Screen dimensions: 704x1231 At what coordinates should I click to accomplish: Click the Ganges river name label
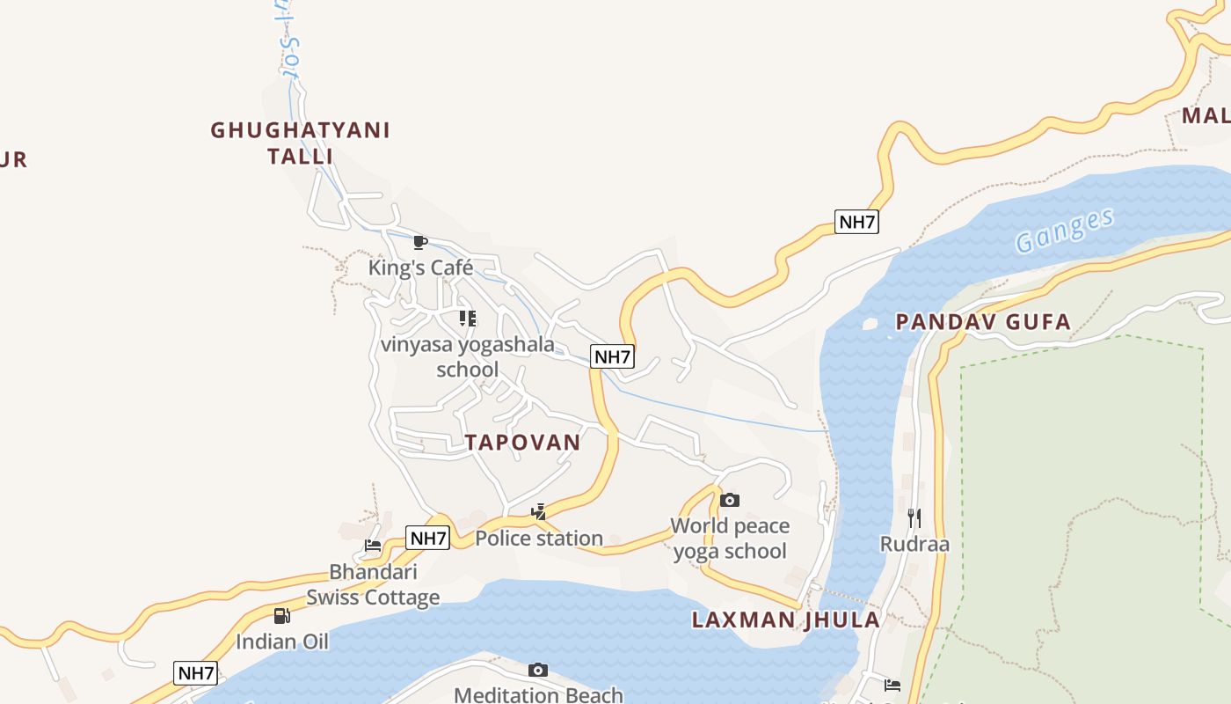[x=1064, y=231]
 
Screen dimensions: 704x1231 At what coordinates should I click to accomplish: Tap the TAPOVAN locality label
[x=523, y=443]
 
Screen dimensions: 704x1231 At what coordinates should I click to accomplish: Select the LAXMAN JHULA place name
[x=785, y=620]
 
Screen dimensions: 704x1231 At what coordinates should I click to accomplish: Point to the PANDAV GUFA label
[x=983, y=322]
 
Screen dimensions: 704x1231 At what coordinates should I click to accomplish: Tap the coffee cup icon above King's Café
[x=420, y=242]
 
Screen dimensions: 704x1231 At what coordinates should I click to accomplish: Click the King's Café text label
[x=420, y=268]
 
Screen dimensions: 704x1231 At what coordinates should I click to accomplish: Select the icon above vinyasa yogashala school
[x=468, y=319]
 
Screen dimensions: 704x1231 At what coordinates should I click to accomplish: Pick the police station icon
[x=539, y=511]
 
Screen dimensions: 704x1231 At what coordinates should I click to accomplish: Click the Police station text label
[x=539, y=538]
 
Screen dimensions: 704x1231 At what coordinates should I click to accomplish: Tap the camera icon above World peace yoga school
[x=729, y=501]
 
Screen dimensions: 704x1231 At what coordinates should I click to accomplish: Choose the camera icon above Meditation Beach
[x=538, y=671]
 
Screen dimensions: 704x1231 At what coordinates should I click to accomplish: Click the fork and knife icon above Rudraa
[x=914, y=517]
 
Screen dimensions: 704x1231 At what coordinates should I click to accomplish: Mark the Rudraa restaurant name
[x=914, y=544]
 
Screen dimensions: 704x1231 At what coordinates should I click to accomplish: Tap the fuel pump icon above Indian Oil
[x=281, y=616]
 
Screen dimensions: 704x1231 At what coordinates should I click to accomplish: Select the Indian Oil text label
[x=281, y=642]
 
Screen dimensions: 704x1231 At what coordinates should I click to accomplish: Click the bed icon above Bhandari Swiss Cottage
[x=373, y=546]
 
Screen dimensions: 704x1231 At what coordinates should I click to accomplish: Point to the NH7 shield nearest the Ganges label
[x=856, y=222]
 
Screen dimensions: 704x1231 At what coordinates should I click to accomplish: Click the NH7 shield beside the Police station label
[x=428, y=538]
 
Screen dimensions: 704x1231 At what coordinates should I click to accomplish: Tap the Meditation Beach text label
[x=538, y=695]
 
